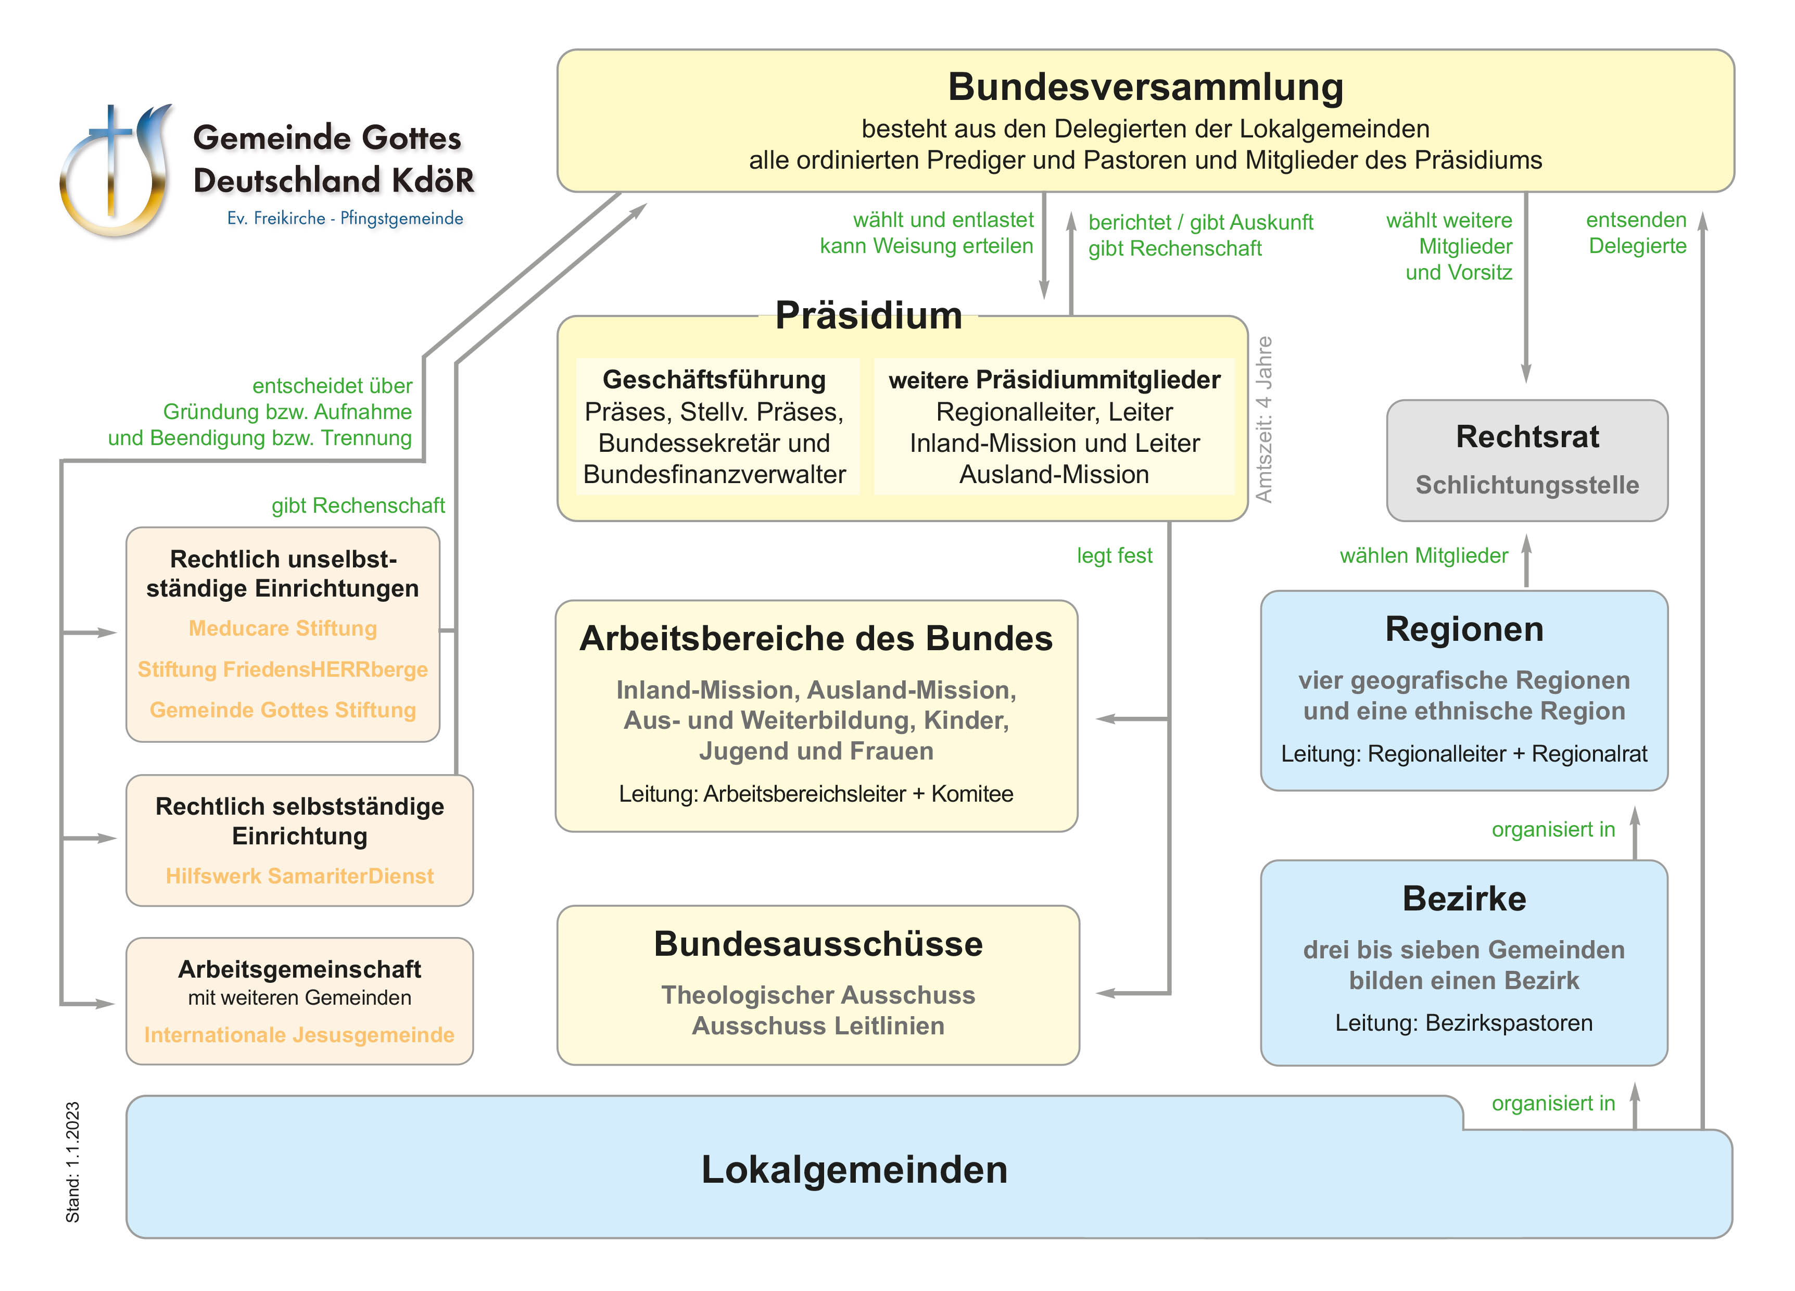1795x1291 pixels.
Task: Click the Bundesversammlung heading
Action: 1145,87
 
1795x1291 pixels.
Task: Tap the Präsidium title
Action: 868,315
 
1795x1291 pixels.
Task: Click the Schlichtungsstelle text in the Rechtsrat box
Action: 1527,485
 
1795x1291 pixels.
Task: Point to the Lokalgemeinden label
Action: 854,1169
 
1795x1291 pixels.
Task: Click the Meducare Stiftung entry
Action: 283,628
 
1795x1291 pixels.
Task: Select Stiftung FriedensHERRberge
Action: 283,669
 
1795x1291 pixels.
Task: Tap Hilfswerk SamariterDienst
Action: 299,876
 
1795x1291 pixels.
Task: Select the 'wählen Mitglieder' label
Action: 1423,555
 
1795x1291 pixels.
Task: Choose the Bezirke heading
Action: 1463,898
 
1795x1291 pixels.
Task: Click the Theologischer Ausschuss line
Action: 817,995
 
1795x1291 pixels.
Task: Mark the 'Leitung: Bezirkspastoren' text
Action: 1463,1023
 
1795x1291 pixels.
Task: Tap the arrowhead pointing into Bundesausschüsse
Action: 1106,993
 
